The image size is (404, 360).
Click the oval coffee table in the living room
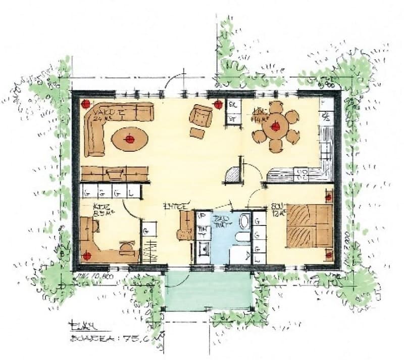click(130, 138)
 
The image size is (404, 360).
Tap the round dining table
click(275, 127)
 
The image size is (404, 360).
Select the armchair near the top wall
click(201, 116)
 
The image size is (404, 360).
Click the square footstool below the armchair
click(196, 133)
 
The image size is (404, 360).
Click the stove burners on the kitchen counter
click(304, 175)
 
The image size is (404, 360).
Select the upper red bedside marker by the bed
click(329, 197)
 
